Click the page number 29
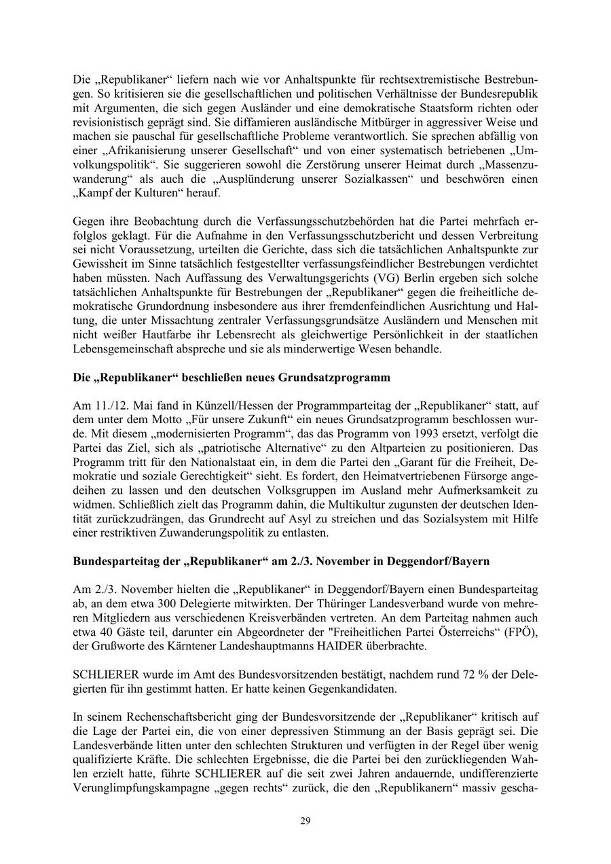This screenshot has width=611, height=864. [305, 821]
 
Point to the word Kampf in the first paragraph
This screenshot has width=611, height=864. [94, 193]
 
